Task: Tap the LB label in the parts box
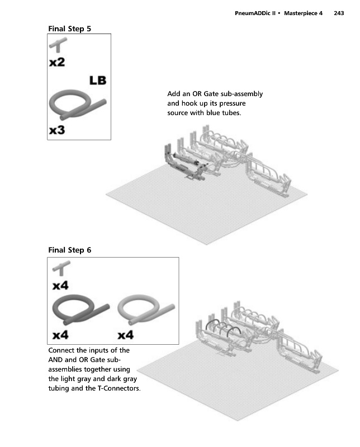coord(97,80)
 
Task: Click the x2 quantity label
coord(57,63)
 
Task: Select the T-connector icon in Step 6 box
coord(61,271)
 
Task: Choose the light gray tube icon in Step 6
coord(146,311)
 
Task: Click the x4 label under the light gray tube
coord(126,335)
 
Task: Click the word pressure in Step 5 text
coord(234,104)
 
